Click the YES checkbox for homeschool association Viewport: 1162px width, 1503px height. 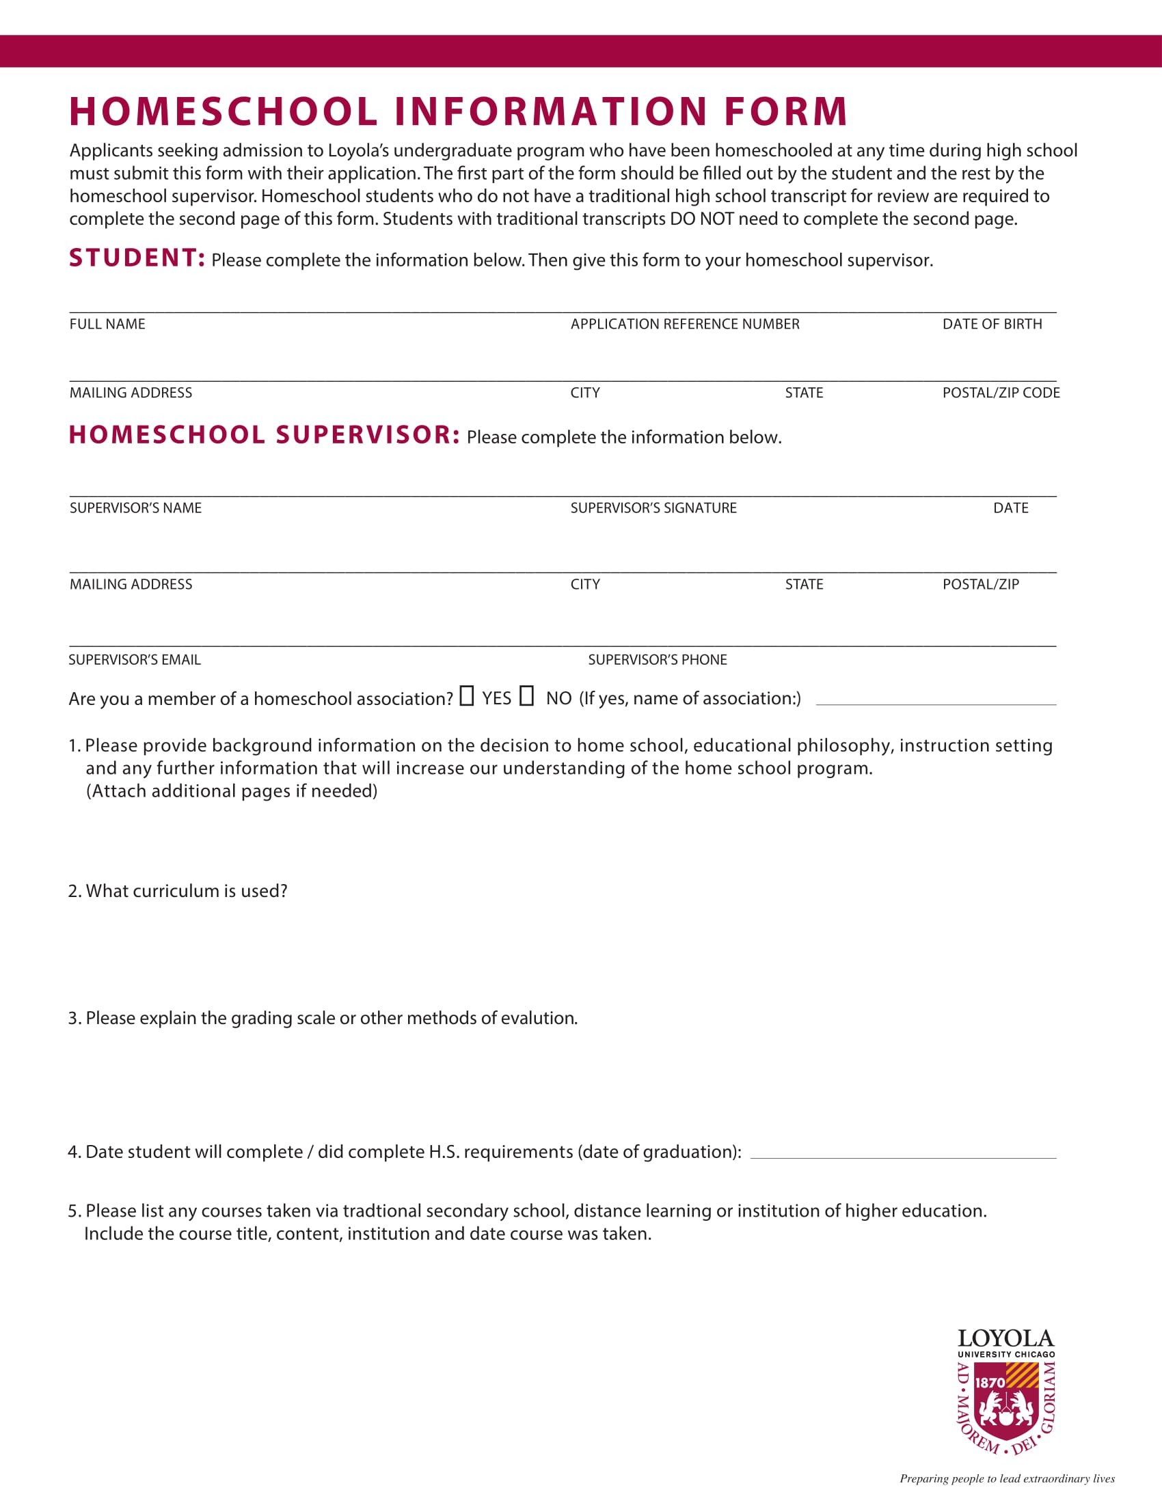pyautogui.click(x=467, y=695)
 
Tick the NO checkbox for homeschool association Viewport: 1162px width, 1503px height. pyautogui.click(x=526, y=695)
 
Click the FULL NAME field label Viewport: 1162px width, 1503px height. pyautogui.click(x=107, y=324)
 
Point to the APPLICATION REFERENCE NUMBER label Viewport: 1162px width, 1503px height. pyautogui.click(x=684, y=324)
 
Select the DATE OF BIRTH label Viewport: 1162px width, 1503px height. pyautogui.click(x=992, y=324)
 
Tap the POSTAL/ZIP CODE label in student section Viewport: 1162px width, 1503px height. pyautogui.click(x=1000, y=393)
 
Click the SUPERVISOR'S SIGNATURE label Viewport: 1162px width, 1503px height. pyautogui.click(x=653, y=508)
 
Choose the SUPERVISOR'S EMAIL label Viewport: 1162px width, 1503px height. pyautogui.click(x=135, y=660)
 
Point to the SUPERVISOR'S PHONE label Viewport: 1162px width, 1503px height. pyautogui.click(x=658, y=660)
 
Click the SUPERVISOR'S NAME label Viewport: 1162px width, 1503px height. pyautogui.click(x=135, y=508)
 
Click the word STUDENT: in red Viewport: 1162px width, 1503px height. pyautogui.click(x=137, y=258)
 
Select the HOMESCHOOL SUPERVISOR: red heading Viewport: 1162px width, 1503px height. pyautogui.click(x=265, y=435)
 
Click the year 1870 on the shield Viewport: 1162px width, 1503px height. pyautogui.click(x=990, y=1383)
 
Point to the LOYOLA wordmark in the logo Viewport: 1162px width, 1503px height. pyautogui.click(x=1005, y=1338)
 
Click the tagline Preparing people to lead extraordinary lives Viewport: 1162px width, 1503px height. pyautogui.click(x=1006, y=1478)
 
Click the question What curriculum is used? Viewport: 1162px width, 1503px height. pyautogui.click(x=178, y=891)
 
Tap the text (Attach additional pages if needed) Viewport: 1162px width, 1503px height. pyautogui.click(x=231, y=791)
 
